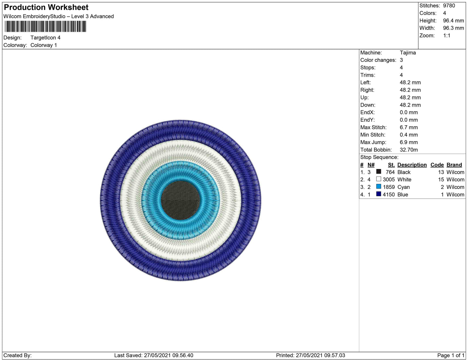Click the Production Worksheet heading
click(46, 7)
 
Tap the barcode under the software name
click(45, 27)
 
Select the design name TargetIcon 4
click(45, 38)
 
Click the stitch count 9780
click(449, 6)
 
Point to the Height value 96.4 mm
click(453, 21)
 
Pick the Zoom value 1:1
click(447, 36)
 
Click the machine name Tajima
click(408, 53)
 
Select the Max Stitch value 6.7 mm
click(409, 127)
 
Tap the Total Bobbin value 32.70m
click(409, 150)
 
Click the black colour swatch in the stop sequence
click(379, 172)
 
